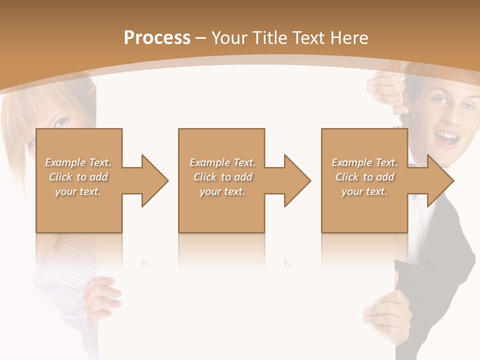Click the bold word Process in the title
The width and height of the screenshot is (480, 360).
(157, 38)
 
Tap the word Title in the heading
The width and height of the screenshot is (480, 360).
(270, 38)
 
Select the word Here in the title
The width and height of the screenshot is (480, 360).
(349, 38)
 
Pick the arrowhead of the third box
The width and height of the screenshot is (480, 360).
(439, 180)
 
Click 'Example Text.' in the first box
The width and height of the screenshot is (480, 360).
(78, 162)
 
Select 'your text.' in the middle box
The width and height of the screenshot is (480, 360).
(222, 191)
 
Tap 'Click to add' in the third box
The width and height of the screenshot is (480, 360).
(364, 177)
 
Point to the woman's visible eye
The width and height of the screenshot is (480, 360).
(61, 122)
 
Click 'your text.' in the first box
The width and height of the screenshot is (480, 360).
(78, 191)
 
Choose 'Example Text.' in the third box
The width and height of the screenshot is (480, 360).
(364, 162)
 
